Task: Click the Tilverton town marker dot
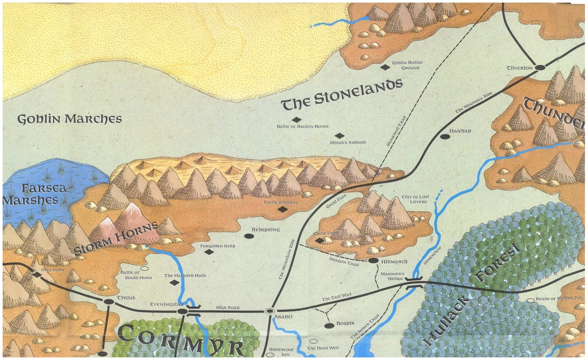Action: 540,68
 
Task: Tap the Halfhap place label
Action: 460,131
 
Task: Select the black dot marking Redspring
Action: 249,236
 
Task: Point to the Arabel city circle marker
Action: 269,311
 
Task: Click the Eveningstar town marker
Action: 182,311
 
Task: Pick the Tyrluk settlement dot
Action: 108,302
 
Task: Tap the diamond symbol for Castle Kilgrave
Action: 282,210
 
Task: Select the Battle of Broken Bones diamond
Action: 296,120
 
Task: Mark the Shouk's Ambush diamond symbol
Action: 339,136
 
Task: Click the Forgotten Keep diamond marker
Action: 209,252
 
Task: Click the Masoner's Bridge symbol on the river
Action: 414,283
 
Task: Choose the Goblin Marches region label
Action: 69,119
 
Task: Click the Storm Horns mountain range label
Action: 116,239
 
